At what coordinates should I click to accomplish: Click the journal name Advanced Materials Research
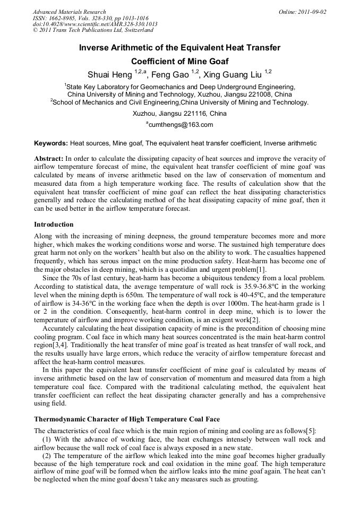(x=69, y=12)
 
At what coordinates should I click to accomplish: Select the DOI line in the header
(x=95, y=24)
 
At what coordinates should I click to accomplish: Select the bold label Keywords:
(x=51, y=143)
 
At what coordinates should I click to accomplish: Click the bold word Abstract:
(x=48, y=159)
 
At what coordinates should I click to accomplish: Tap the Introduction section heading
(x=54, y=225)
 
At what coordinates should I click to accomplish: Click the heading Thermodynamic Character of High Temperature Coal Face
(x=127, y=419)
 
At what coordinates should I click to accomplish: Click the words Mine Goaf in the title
(x=204, y=61)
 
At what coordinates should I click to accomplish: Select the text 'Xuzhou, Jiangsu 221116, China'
(x=179, y=114)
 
